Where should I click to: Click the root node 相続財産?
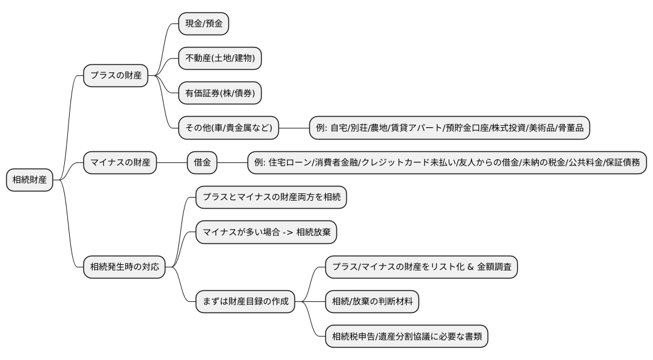30,180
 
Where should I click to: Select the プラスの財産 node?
116,76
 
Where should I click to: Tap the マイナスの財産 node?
120,163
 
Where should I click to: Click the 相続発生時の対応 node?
125,267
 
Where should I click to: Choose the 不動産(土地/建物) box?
220,59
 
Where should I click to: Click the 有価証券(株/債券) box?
220,93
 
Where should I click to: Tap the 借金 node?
202,163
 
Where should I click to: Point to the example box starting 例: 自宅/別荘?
450,128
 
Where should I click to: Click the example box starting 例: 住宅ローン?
447,163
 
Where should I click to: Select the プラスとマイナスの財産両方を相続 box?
271,198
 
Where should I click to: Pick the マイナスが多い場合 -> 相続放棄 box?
266,232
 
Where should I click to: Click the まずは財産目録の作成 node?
246,302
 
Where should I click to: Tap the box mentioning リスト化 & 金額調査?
422,267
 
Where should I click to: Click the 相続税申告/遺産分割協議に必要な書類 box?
407,337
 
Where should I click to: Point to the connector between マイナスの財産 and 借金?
172,163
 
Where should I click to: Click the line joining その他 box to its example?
294,128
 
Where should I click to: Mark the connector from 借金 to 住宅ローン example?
233,163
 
